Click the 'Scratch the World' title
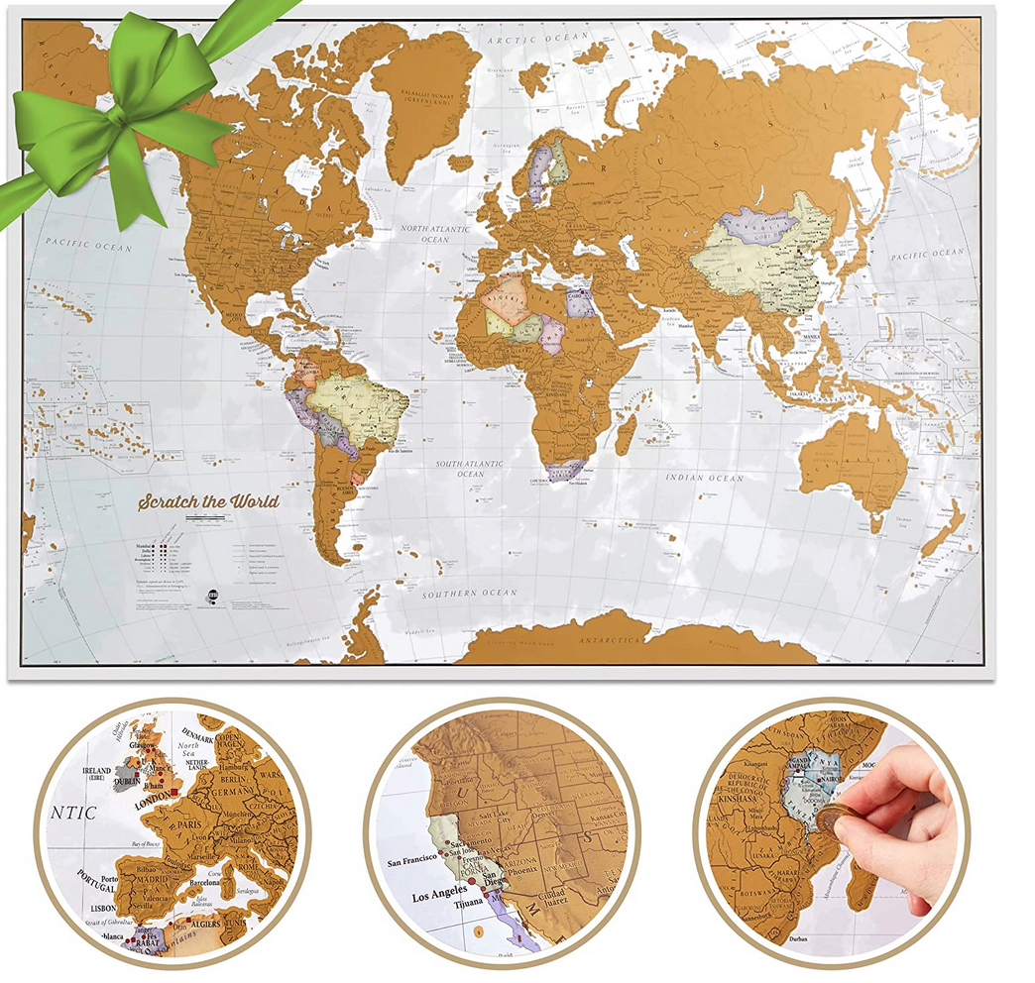pyautogui.click(x=208, y=500)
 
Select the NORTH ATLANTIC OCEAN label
pyautogui.click(x=437, y=233)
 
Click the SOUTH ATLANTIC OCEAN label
pyautogui.click(x=471, y=469)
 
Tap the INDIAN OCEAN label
pyautogui.click(x=706, y=478)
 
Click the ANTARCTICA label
pyautogui.click(x=611, y=641)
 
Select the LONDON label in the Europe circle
pyautogui.click(x=144, y=804)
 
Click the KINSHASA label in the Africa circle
pyautogui.click(x=731, y=824)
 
